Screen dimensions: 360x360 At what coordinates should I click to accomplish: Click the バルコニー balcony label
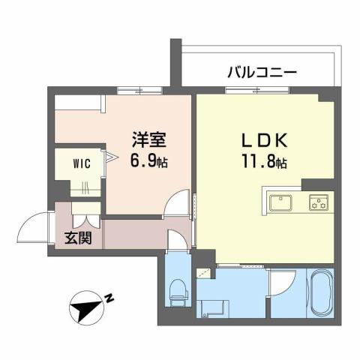tap(262, 73)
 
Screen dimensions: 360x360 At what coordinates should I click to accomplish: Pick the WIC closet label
tap(82, 165)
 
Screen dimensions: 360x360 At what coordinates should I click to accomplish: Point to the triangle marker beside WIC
tap(109, 157)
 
